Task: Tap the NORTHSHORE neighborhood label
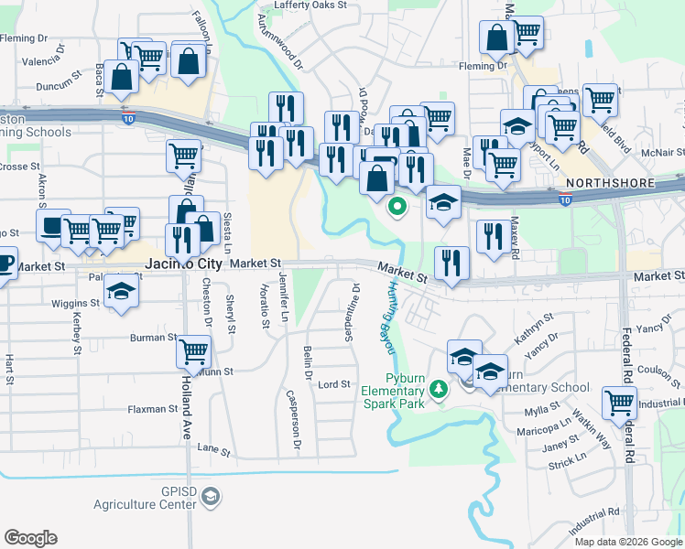point(610,183)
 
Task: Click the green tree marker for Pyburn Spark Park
point(440,390)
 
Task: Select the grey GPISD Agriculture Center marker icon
point(211,497)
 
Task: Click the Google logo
point(30,538)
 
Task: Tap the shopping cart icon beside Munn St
point(194,350)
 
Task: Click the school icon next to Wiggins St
point(119,293)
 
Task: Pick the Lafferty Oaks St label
point(303,5)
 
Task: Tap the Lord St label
point(334,384)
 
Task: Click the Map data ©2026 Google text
point(628,541)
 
